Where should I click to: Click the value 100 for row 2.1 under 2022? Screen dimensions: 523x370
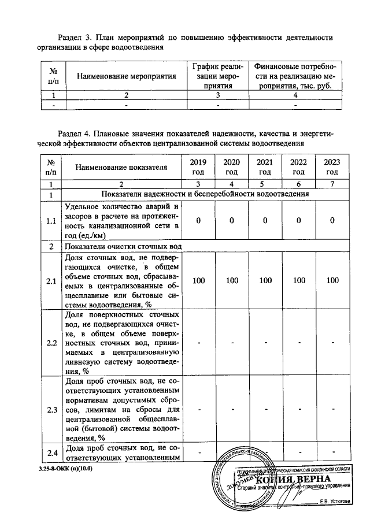tap(298, 281)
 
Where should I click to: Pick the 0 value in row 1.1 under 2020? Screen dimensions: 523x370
tap(232, 221)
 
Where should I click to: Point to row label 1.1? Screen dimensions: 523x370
tap(51, 221)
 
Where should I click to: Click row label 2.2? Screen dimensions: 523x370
tap(51, 343)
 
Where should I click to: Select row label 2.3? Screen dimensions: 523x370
tap(51, 410)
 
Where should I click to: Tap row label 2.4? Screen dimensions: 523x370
tap(51, 452)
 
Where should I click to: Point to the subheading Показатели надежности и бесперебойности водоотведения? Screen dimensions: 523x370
tap(205, 194)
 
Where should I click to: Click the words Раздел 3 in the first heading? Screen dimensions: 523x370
tap(78, 38)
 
